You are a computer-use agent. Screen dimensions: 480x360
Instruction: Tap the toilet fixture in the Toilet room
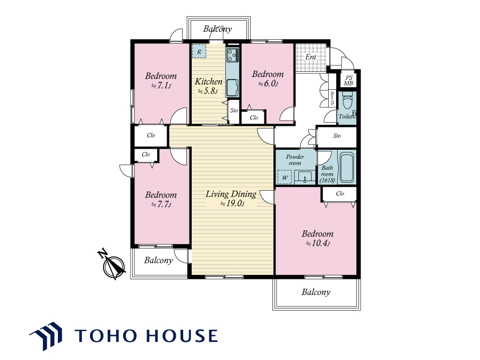[347, 100]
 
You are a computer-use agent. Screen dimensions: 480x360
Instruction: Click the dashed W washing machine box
[285, 177]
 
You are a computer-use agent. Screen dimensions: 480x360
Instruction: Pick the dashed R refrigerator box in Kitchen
[199, 52]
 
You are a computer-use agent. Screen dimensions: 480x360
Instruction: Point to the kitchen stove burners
[233, 55]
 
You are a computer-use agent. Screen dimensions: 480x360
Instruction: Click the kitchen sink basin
[233, 87]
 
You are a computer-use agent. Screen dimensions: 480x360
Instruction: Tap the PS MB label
[348, 81]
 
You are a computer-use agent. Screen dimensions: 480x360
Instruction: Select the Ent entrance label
[311, 57]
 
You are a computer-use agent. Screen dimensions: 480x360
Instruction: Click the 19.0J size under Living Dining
[233, 203]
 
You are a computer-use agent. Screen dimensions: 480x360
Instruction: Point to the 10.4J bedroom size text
[318, 243]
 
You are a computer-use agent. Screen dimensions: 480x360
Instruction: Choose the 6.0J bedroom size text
[268, 83]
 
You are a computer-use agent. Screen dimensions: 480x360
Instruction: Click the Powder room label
[295, 160]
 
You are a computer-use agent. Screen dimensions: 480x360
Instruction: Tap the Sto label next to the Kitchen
[234, 110]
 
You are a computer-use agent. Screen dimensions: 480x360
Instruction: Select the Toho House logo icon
[46, 336]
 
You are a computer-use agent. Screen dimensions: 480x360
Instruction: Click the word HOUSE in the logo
[181, 336]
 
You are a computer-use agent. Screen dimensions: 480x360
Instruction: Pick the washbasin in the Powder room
[304, 177]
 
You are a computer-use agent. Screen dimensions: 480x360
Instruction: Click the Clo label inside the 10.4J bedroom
[340, 193]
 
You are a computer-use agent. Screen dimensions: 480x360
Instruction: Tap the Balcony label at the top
[217, 29]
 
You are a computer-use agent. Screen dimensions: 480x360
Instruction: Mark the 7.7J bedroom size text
[161, 204]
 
